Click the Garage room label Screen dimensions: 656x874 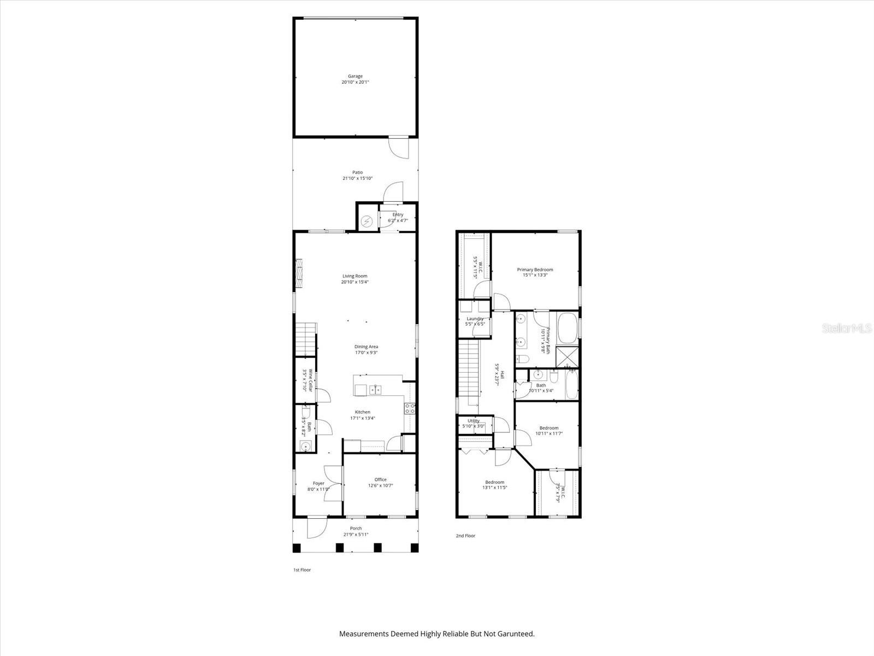click(355, 77)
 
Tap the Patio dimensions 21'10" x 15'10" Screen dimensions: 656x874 click(357, 178)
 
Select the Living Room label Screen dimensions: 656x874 click(355, 276)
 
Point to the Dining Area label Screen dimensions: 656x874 click(366, 347)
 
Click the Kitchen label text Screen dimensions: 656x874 click(362, 412)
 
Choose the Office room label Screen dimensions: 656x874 click(380, 479)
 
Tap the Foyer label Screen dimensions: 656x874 click(318, 483)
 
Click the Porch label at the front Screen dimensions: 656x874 click(356, 528)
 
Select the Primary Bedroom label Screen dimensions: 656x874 click(535, 270)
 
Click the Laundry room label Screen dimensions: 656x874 click(475, 319)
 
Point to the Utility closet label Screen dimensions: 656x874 click(474, 421)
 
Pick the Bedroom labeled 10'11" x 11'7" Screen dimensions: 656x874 click(549, 431)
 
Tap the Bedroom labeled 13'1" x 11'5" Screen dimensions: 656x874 click(495, 485)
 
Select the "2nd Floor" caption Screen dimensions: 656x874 click(465, 536)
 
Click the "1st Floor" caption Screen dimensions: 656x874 click(302, 570)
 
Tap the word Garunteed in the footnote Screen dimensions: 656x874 click(516, 634)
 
